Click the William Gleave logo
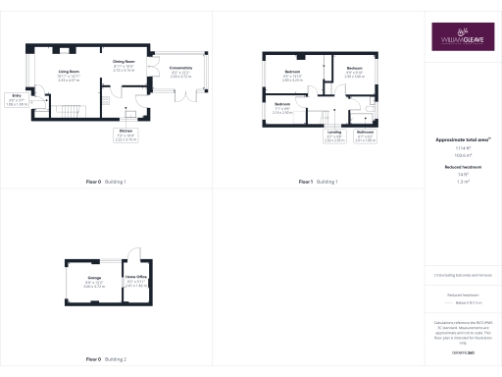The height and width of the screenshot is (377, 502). click(x=464, y=37)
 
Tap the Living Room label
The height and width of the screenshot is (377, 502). click(x=68, y=73)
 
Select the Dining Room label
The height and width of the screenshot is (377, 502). click(x=123, y=62)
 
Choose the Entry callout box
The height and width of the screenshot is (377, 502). click(x=18, y=98)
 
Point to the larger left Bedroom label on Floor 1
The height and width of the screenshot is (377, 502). click(x=292, y=73)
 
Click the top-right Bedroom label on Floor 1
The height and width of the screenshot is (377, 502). click(x=354, y=70)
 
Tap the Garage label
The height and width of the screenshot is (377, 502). click(x=94, y=280)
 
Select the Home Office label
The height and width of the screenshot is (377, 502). click(x=136, y=280)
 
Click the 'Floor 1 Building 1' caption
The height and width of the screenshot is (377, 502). click(x=318, y=183)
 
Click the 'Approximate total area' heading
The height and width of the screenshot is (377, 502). click(x=463, y=139)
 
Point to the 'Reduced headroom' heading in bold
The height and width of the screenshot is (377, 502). click(x=463, y=169)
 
